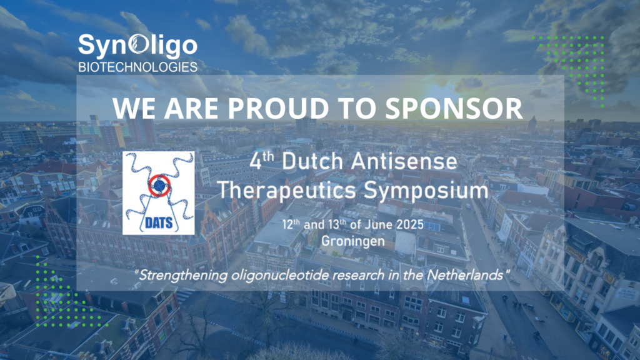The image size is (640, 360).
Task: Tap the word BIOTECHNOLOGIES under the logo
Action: coord(137,66)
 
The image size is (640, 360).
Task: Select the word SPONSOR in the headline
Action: coord(454,108)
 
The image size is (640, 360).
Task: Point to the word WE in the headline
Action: coord(133,108)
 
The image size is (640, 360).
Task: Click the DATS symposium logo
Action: coord(158,192)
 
